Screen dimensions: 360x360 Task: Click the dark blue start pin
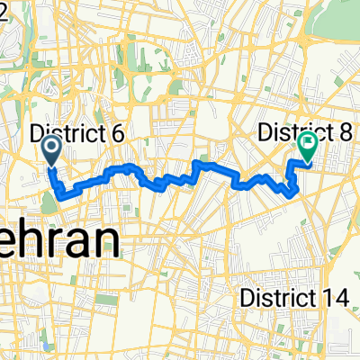pyautogui.click(x=50, y=149)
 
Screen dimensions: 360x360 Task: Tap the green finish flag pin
pyautogui.click(x=307, y=147)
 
